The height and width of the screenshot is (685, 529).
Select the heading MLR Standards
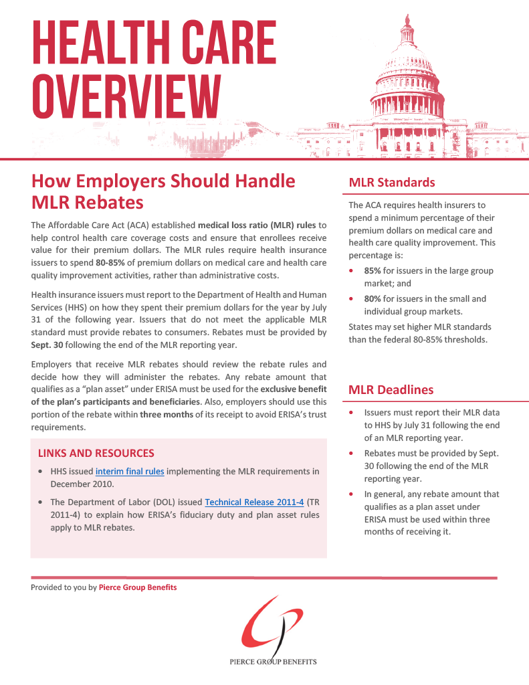click(392, 183)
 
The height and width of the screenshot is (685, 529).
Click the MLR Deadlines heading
click(391, 389)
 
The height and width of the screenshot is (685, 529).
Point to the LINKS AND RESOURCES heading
click(96, 453)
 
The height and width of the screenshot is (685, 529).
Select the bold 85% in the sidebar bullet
click(373, 271)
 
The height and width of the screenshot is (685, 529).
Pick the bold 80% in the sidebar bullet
click(373, 299)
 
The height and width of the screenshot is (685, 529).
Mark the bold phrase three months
click(163, 414)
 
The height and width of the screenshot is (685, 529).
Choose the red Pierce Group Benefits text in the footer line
click(138, 587)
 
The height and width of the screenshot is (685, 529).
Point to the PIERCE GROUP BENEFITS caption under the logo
click(272, 662)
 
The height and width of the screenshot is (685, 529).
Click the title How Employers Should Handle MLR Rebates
click(163, 191)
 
